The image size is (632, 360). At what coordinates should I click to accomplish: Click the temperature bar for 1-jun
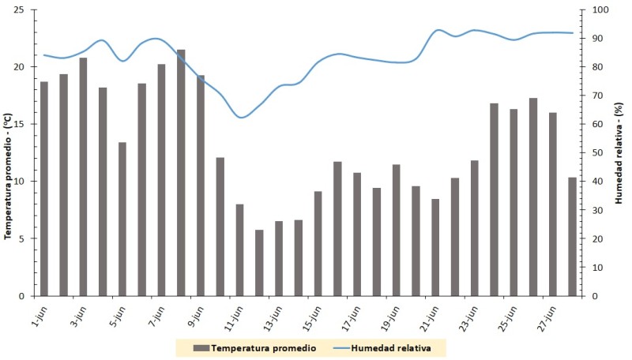(x=44, y=189)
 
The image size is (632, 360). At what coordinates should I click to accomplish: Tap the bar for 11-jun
(x=239, y=249)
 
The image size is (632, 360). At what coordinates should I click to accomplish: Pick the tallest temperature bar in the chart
(x=181, y=173)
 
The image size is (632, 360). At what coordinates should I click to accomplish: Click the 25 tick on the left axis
(x=29, y=9)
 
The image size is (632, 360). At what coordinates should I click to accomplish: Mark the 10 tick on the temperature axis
(x=29, y=182)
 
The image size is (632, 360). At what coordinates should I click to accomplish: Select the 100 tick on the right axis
(x=600, y=9)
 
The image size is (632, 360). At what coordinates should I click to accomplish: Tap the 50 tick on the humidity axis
(x=597, y=153)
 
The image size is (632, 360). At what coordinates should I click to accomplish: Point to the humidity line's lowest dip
(x=242, y=118)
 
